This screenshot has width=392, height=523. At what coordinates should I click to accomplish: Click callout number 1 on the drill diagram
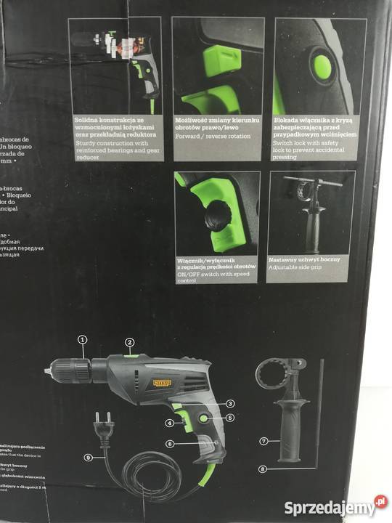click(82, 339)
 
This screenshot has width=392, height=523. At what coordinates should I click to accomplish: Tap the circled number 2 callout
click(129, 342)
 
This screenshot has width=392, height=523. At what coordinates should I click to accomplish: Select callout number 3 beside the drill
click(229, 403)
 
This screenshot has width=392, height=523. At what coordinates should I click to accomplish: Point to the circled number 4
click(168, 423)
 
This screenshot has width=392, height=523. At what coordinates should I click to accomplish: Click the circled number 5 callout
click(230, 418)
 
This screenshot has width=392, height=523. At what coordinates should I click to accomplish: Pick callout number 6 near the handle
click(169, 444)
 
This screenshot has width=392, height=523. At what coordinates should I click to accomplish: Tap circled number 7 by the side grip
click(264, 440)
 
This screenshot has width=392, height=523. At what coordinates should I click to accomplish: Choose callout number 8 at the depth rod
click(264, 469)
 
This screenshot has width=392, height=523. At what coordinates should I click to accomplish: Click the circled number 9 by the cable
click(89, 458)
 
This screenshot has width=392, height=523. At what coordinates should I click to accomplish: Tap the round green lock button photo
click(321, 68)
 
